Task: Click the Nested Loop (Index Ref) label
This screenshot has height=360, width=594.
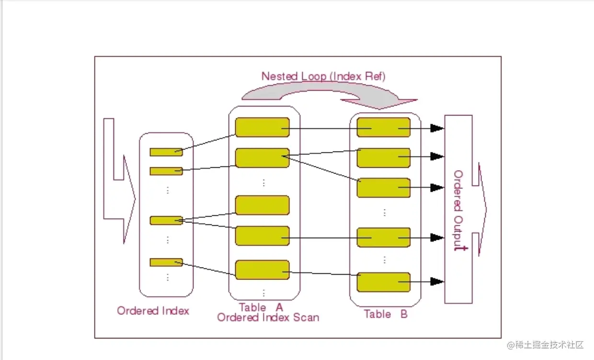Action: coord(323,76)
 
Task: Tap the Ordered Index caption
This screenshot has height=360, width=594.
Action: coord(153,311)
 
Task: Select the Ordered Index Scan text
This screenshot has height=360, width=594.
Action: coord(268,317)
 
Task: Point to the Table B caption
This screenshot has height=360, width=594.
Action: coord(385,314)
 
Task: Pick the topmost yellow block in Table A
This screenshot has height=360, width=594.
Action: coord(263,128)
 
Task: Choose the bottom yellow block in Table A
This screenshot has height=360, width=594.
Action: coord(263,270)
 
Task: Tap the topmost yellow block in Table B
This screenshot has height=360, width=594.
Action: coord(384,128)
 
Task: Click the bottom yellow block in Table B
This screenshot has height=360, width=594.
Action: coord(384,282)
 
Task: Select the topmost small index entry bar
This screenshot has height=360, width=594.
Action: coord(166,152)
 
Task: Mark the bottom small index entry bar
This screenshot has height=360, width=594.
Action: coord(166,263)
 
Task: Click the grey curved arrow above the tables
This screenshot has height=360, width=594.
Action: coord(326,93)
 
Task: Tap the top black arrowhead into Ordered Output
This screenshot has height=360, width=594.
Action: coord(437,128)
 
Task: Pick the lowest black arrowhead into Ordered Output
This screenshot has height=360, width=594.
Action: coord(437,282)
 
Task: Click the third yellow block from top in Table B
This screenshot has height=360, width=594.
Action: coord(384,188)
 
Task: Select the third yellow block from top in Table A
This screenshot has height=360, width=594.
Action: coord(263,205)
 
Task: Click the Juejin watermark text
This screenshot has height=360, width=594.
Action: coord(546,345)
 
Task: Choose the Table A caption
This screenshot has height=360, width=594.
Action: coord(261,307)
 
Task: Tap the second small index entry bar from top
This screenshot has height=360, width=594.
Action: coord(166,171)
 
